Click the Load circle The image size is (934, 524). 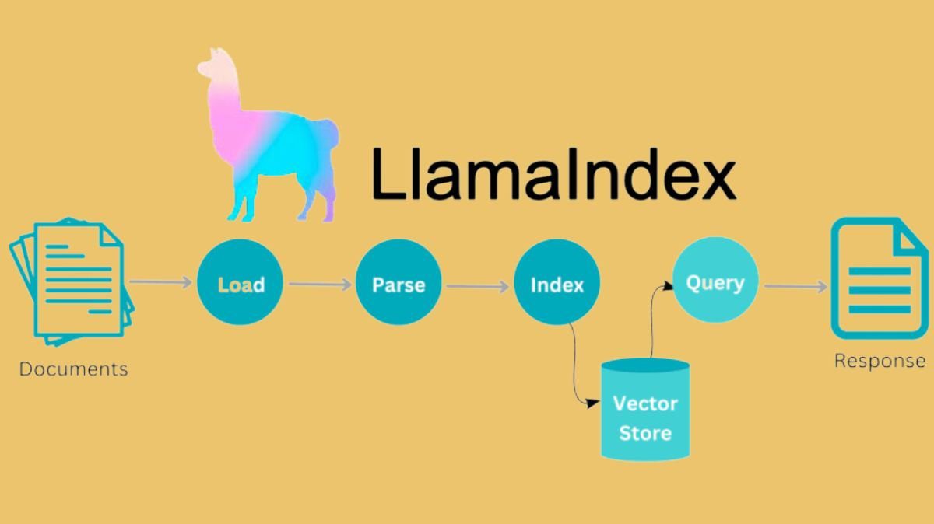(240, 283)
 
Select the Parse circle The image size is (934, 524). (399, 283)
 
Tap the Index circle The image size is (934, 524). (557, 284)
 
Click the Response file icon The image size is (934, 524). (879, 280)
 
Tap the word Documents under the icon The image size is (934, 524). (73, 369)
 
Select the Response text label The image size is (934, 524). (880, 361)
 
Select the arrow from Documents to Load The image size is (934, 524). (160, 281)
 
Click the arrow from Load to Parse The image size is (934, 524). (320, 284)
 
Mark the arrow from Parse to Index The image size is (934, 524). (477, 286)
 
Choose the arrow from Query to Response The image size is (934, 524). (795, 287)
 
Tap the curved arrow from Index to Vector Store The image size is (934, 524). (578, 365)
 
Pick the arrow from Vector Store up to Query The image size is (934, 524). (652, 319)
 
